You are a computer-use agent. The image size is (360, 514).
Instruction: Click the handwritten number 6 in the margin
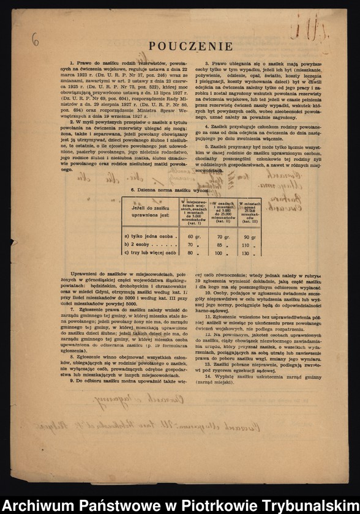[35, 41]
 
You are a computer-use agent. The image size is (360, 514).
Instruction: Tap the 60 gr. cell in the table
[194, 236]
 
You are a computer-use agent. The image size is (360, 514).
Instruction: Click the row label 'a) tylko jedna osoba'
[148, 236]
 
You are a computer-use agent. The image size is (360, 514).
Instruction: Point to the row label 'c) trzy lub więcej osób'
[150, 253]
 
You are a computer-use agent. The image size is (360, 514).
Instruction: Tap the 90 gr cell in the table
[249, 236]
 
